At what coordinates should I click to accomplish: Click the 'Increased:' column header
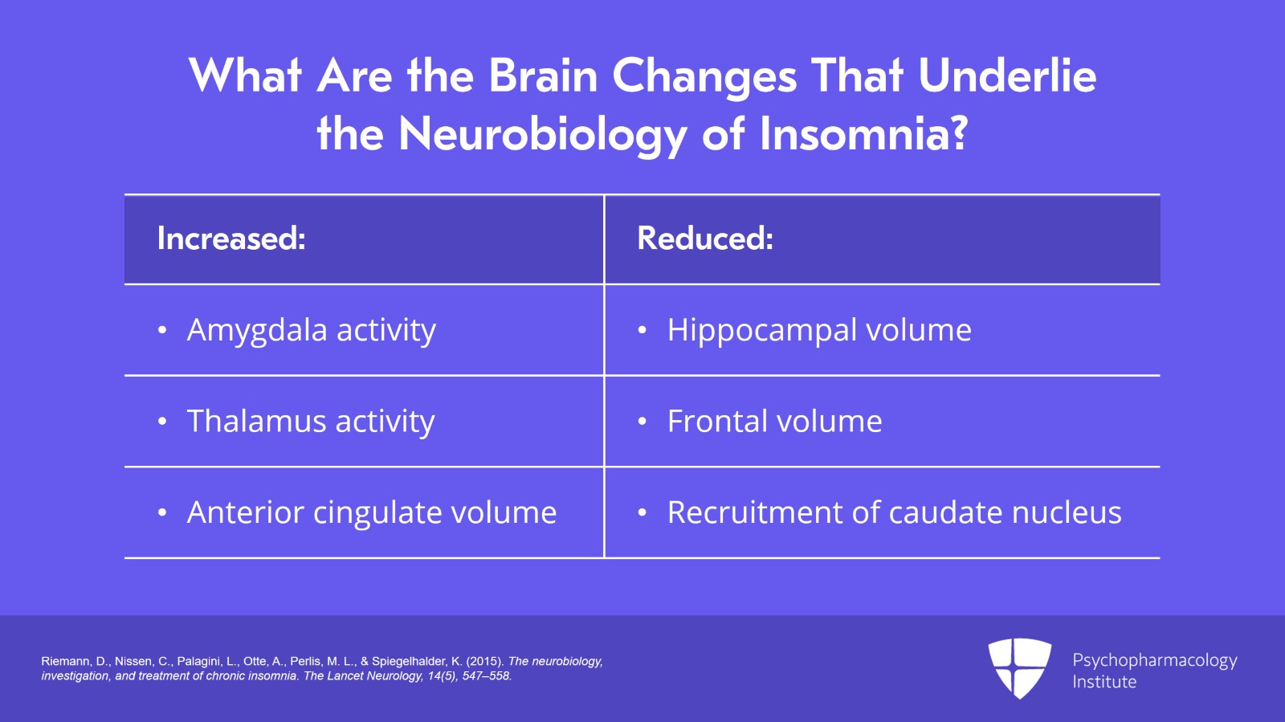click(231, 239)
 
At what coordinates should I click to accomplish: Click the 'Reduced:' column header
click(704, 239)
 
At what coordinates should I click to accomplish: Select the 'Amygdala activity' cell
click(311, 330)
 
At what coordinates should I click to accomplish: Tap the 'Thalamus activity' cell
click(310, 422)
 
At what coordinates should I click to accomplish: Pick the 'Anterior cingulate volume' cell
click(371, 512)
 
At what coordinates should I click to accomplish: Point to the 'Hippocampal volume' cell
click(818, 330)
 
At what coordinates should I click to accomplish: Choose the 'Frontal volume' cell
click(774, 422)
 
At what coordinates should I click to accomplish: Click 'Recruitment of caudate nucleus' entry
click(894, 512)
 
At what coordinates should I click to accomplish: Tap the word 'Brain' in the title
click(543, 76)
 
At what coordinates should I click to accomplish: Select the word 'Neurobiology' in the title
click(543, 135)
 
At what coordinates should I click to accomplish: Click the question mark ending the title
click(958, 133)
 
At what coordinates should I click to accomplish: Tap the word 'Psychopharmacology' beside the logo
click(1154, 660)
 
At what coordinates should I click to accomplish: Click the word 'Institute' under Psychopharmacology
click(1104, 682)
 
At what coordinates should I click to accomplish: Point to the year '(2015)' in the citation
click(484, 662)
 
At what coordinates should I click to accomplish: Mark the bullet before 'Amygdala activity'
click(162, 331)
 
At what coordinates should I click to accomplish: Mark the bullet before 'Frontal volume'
click(642, 422)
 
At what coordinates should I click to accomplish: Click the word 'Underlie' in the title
click(1006, 76)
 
